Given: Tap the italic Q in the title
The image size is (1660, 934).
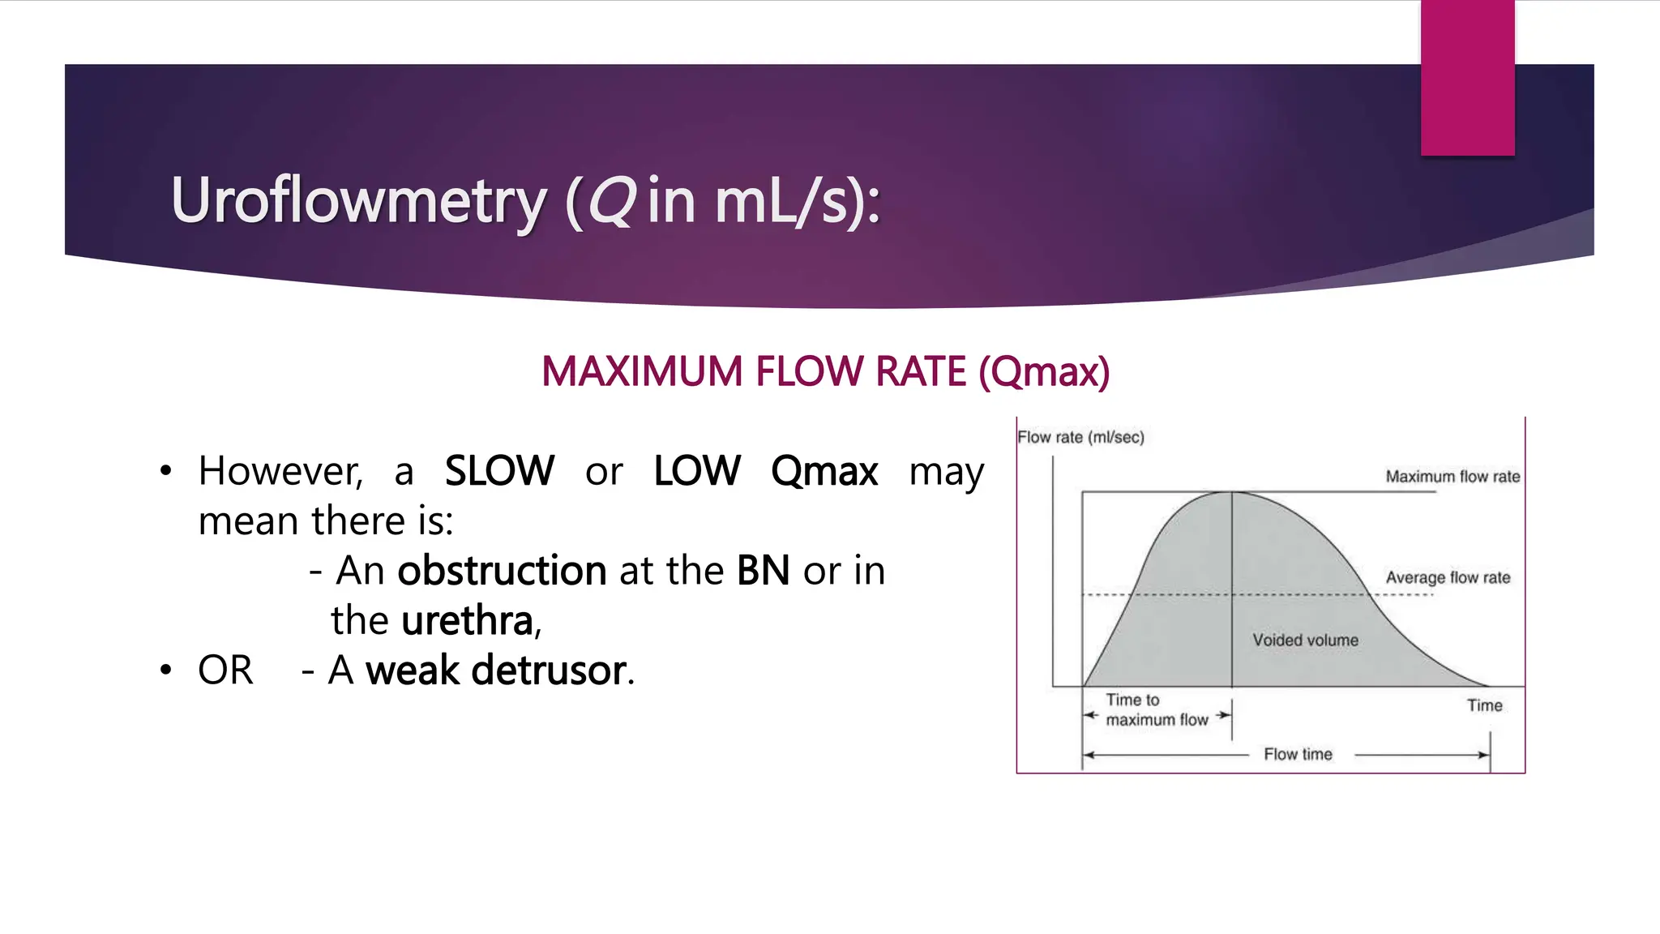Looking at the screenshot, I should point(611,200).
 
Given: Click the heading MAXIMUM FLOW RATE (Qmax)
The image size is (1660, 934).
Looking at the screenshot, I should point(825,372).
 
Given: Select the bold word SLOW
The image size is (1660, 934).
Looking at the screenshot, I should point(499,471).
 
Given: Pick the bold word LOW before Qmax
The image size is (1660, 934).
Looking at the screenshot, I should point(697,471).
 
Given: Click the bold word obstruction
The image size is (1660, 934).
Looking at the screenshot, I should point(502,571).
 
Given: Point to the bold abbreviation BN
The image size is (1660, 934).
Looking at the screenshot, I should point(763,571).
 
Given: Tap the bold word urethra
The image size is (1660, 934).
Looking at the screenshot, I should point(468,621).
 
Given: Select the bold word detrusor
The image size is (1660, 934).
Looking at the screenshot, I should point(549,671).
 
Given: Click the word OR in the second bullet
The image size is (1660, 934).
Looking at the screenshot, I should point(225,671).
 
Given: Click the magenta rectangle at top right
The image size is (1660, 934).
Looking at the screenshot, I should point(1467,77).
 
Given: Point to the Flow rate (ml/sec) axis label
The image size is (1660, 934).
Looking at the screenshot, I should point(1080,437).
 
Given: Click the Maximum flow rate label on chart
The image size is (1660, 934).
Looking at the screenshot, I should point(1452,477).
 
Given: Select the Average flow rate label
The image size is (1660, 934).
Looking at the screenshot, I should point(1448,577).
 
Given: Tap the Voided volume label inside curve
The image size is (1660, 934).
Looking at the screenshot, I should point(1305,640).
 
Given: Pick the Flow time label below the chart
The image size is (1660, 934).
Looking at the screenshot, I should point(1298,754).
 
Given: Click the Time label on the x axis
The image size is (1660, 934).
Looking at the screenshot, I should point(1484,705).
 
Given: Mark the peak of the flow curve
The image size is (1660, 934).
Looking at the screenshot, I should point(1231,492).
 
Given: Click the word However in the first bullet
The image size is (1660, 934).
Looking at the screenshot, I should point(280,471).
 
